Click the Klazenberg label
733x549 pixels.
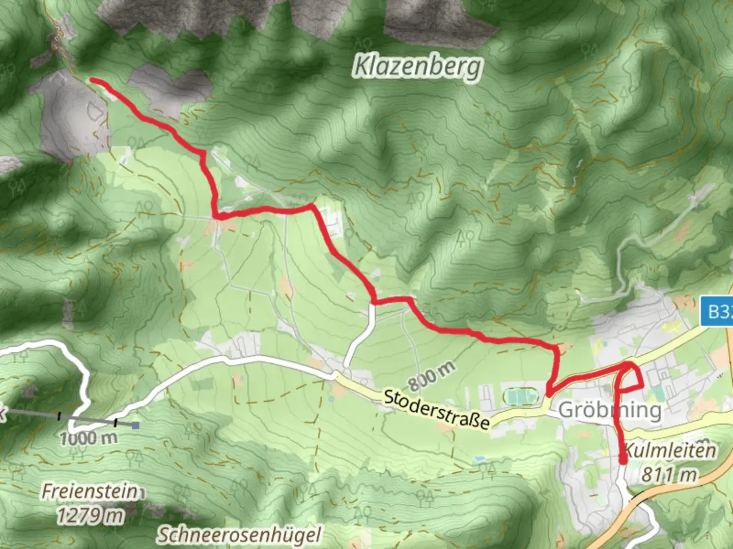[x=417, y=67]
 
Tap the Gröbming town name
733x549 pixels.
[x=610, y=410]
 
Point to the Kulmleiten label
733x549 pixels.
[x=670, y=450]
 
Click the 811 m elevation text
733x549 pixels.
[x=669, y=474]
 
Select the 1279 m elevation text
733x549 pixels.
[x=90, y=515]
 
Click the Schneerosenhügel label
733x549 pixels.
[x=239, y=535]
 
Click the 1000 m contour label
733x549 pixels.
[x=89, y=438]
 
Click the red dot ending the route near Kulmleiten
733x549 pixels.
[x=623, y=461]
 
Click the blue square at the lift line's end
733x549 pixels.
[x=135, y=425]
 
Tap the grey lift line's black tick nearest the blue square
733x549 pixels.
[x=116, y=422]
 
